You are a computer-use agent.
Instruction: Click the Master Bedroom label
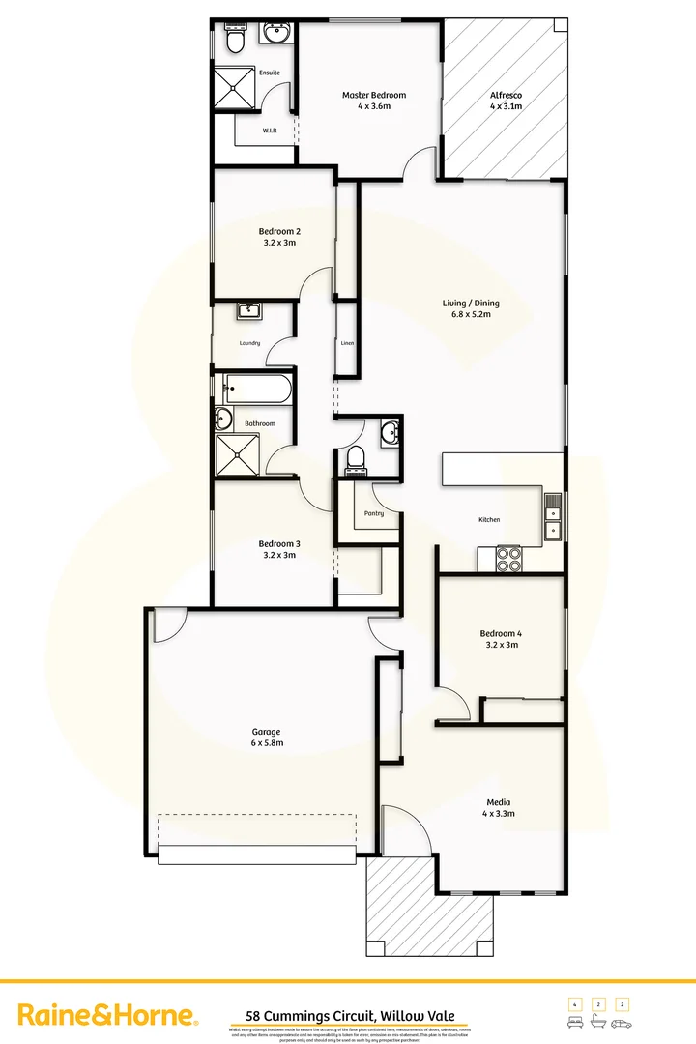point(374,95)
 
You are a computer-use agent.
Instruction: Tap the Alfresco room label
point(506,95)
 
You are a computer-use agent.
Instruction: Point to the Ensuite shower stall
point(231,88)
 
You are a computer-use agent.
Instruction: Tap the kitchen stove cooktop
point(508,558)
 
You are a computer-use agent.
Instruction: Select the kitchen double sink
point(552,515)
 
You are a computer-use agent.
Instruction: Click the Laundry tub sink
point(250,310)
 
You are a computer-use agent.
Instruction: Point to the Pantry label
point(374,513)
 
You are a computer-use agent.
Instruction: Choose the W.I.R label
point(271,130)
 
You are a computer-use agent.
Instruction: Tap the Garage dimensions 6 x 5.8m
point(267,743)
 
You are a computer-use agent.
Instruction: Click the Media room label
point(499,802)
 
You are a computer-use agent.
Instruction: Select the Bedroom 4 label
point(499,633)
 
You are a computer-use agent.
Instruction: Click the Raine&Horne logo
point(109,1015)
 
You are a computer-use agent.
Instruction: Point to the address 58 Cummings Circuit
point(350,1016)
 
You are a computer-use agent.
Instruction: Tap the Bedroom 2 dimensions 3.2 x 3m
point(279,243)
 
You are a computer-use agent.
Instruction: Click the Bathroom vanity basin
point(224,420)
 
